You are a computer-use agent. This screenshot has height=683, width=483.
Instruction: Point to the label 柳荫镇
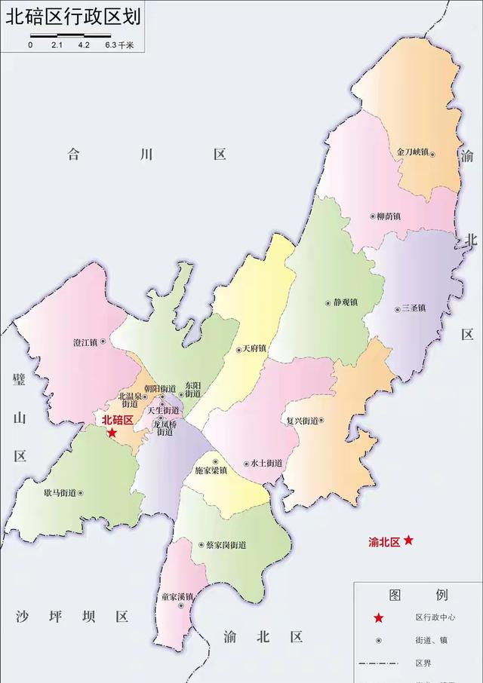point(388,216)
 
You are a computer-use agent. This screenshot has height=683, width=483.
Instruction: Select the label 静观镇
point(345,302)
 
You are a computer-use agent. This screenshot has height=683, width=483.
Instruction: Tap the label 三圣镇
point(415,308)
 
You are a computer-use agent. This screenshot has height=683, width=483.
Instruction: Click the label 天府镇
point(255,349)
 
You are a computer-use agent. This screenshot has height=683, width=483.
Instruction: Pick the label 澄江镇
point(85,342)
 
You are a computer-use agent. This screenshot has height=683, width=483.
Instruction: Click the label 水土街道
point(266,464)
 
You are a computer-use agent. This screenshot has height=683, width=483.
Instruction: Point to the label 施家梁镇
point(211,470)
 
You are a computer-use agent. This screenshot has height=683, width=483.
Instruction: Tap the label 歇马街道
point(60,493)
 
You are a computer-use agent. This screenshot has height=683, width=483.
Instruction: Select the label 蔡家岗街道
point(226,544)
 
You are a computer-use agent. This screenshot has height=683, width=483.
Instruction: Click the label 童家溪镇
point(177,596)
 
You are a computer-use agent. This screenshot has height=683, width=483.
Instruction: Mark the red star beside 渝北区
point(408,540)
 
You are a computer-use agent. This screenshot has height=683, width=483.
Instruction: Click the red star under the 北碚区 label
point(112,433)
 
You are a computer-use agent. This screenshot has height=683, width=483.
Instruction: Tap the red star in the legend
point(379,617)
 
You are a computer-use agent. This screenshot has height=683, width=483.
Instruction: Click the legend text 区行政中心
point(435,617)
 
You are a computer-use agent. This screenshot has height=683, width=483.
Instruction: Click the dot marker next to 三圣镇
point(398,309)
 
